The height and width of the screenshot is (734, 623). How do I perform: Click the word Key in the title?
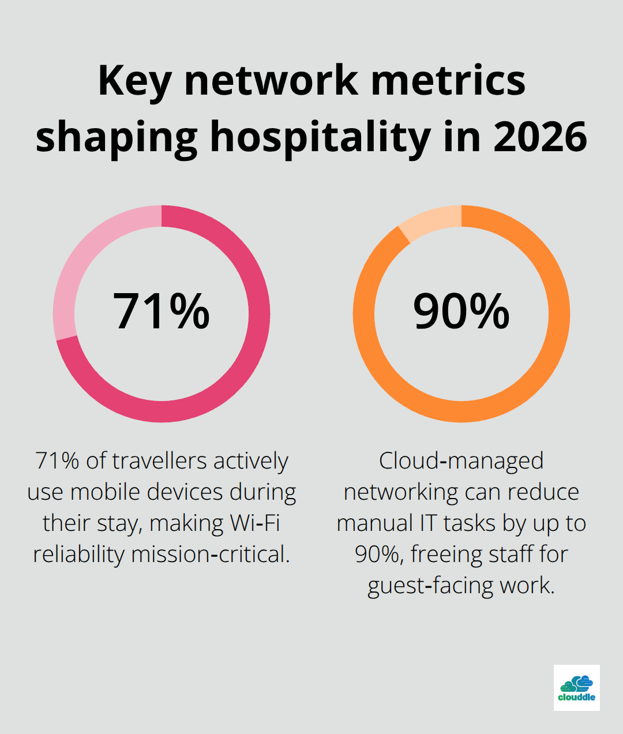[x=134, y=81]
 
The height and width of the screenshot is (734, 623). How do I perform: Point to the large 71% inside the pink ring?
[x=162, y=312]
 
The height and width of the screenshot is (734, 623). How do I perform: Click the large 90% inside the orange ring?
[x=461, y=312]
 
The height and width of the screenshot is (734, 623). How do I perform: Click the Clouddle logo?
[x=576, y=687]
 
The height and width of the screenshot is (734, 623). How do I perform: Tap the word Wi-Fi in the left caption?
[x=255, y=523]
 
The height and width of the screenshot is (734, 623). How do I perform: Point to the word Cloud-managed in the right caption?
[x=461, y=461]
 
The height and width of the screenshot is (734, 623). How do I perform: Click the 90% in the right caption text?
[x=377, y=555]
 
